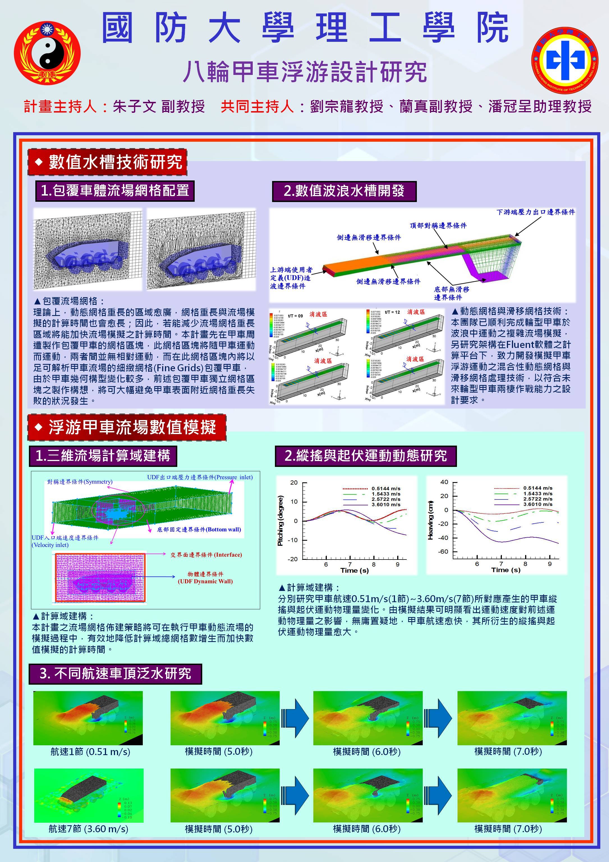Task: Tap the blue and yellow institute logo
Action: (565, 60)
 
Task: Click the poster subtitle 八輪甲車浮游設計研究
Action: (305, 72)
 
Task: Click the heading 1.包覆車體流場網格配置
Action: (115, 191)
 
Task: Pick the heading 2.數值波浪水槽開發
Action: (344, 191)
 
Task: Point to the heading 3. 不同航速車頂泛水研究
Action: (116, 673)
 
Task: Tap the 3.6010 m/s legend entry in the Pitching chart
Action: (386, 505)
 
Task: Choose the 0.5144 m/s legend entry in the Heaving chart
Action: (538, 488)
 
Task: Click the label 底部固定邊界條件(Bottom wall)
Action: (199, 529)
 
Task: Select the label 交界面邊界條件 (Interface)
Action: (206, 554)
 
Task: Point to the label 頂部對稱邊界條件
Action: (438, 226)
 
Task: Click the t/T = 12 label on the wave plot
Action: (392, 312)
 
